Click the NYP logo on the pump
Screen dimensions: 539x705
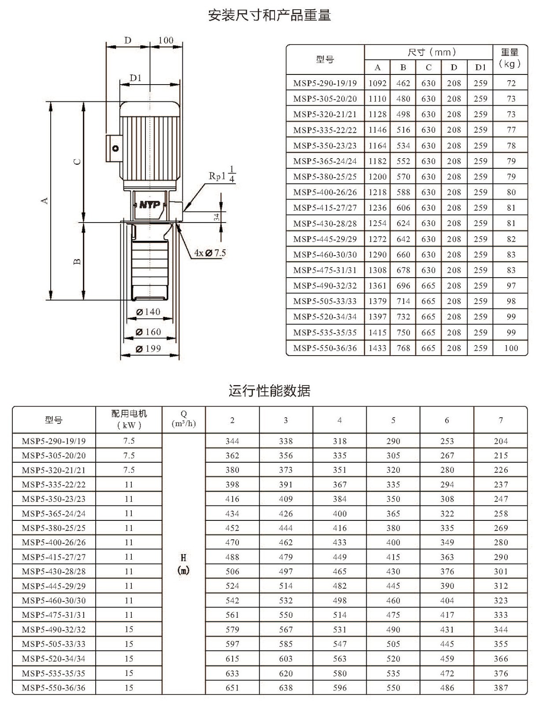149,204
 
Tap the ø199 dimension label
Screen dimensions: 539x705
148,349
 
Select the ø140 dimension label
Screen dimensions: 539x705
148,312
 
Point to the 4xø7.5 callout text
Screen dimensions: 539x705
210,253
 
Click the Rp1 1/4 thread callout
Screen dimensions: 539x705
222,175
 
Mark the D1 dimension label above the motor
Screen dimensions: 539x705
136,78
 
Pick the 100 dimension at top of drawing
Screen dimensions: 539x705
166,40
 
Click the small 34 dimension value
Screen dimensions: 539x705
217,217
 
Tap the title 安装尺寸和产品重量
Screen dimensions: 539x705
270,15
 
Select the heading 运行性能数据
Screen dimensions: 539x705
270,391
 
